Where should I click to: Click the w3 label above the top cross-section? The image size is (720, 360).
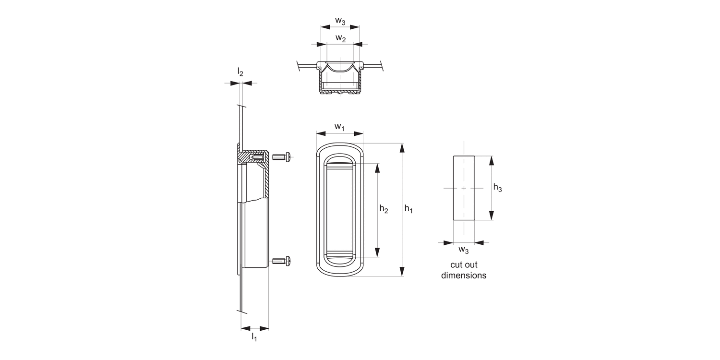(x=340, y=21)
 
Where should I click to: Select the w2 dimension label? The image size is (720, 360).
(x=340, y=38)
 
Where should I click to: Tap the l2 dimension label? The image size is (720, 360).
(x=240, y=72)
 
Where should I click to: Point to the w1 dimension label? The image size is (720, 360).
(x=340, y=127)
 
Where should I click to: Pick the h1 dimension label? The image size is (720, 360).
(x=409, y=209)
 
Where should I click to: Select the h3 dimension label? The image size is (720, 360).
(x=498, y=188)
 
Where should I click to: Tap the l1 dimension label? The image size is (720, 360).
(x=254, y=337)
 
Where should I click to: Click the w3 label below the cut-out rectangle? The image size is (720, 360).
(x=464, y=250)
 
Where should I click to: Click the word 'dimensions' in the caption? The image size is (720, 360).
(x=464, y=276)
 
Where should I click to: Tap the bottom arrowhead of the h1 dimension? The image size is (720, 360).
(x=402, y=272)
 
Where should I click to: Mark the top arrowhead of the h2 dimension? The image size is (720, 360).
(x=377, y=168)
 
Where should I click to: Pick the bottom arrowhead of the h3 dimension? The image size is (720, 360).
(x=491, y=216)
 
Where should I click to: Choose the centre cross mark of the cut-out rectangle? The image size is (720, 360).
(x=464, y=188)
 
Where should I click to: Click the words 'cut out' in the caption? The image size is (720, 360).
(x=464, y=264)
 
